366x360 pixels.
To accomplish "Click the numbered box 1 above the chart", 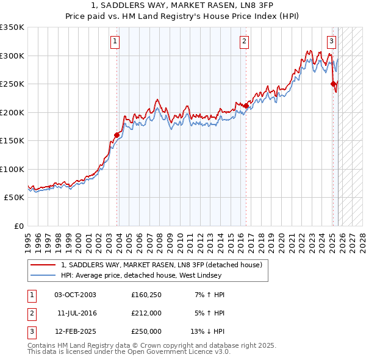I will pyautogui.click(x=115, y=41).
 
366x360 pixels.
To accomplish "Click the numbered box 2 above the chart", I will pyautogui.click(x=244, y=41).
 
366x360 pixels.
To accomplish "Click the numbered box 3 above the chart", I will pyautogui.click(x=331, y=41).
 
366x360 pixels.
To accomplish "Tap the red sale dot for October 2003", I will pyautogui.click(x=117, y=135).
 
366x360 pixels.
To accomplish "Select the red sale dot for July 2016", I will pyautogui.click(x=246, y=106).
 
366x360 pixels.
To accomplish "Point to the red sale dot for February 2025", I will pyautogui.click(x=333, y=84).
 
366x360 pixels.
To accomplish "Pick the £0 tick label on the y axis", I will pyautogui.click(x=18, y=226).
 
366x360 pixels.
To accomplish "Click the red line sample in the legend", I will pyautogui.click(x=43, y=265).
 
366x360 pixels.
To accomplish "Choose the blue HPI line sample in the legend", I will pyautogui.click(x=43, y=275).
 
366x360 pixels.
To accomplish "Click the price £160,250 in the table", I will pyautogui.click(x=146, y=295).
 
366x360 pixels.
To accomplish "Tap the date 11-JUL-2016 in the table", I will pyautogui.click(x=77, y=313).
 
